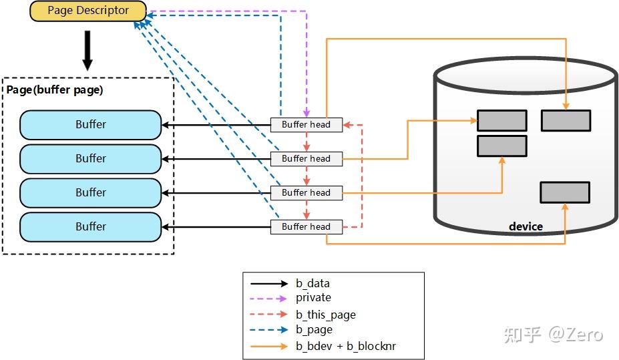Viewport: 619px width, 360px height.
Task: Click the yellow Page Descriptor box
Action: point(88,11)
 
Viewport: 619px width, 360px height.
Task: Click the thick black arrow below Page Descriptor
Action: point(87,50)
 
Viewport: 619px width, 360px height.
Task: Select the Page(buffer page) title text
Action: point(55,89)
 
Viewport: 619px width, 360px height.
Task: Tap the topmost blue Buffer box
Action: point(91,124)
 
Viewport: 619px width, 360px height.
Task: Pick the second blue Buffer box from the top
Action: point(91,158)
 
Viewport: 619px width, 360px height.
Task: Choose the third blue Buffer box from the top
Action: point(91,192)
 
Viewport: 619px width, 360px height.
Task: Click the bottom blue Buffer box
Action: point(91,226)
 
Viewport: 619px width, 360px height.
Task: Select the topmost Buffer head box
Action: point(306,124)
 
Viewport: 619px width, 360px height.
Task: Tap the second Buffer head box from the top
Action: point(306,158)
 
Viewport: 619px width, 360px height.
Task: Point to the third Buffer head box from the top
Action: point(306,192)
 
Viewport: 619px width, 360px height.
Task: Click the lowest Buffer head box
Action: point(306,226)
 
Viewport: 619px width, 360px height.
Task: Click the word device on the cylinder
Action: point(526,226)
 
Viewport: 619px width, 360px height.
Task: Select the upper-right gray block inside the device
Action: point(566,120)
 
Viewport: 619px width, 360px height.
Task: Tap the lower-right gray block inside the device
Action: point(565,192)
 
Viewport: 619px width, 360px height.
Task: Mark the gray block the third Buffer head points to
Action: point(502,146)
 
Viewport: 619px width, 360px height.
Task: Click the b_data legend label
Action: point(313,283)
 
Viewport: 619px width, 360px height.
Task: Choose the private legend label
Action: point(313,298)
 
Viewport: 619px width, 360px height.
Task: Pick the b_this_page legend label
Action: point(325,315)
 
